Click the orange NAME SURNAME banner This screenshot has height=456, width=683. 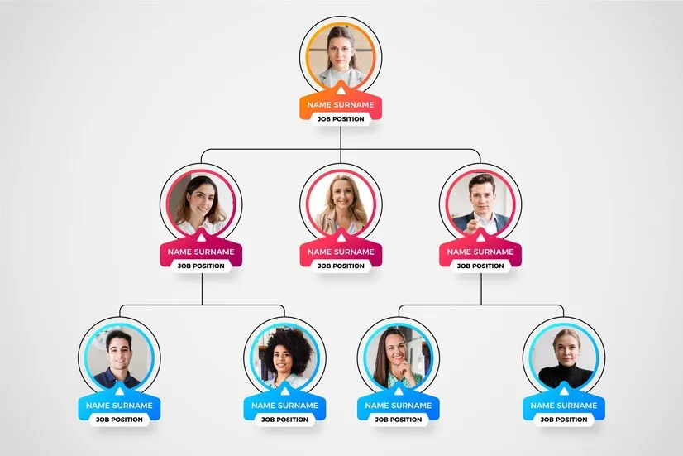click(341, 104)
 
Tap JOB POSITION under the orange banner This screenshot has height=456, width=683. click(341, 119)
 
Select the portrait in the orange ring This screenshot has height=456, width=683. click(341, 56)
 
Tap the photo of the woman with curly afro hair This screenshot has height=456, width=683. click(285, 358)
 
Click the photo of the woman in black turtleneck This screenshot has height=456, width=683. click(564, 358)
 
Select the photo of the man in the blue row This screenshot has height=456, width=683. click(119, 358)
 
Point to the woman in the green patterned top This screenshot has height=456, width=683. click(399, 358)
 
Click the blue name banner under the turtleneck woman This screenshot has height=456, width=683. click(564, 406)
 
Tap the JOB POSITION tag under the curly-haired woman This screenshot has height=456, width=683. click(285, 420)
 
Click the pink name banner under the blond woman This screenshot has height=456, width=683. click(341, 252)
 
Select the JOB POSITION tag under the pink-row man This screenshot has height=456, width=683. click(480, 266)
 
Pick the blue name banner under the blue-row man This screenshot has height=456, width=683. click(119, 406)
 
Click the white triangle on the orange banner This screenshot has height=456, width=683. click(341, 90)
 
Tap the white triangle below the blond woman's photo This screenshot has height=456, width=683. click(341, 238)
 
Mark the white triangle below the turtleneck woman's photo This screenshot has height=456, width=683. click(564, 391)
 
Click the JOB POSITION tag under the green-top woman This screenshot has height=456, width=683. click(399, 420)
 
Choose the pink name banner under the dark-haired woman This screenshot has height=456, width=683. click(201, 252)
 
